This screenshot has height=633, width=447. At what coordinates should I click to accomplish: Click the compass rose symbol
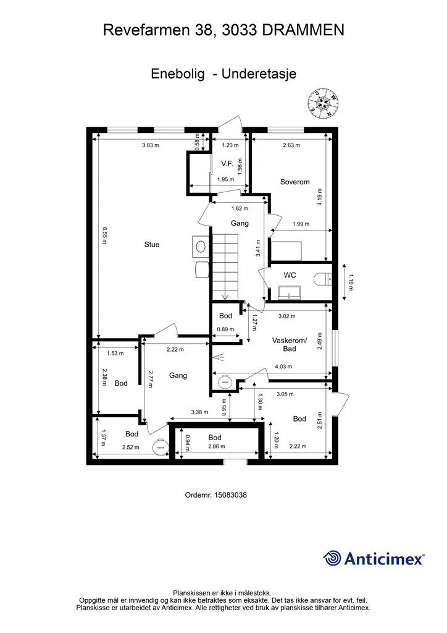tap(324, 104)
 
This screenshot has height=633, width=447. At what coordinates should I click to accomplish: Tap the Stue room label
tap(152, 244)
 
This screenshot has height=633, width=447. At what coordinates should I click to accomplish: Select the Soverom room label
tap(295, 182)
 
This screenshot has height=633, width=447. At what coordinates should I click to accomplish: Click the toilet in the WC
tap(322, 279)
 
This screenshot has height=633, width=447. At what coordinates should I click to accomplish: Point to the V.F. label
tap(227, 163)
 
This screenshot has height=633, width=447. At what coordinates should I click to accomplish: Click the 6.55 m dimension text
tap(104, 236)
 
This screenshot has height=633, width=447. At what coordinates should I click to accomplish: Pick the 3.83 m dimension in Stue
tap(151, 145)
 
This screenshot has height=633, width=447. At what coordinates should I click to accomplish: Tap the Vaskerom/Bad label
tap(290, 344)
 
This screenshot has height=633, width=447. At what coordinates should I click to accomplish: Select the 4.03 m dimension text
tap(283, 367)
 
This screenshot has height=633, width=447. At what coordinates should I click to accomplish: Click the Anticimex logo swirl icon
tap(332, 558)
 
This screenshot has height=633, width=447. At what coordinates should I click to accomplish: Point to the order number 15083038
tap(230, 495)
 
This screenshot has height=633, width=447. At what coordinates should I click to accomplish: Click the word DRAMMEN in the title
tap(304, 30)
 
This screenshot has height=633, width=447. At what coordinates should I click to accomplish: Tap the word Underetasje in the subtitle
tap(259, 74)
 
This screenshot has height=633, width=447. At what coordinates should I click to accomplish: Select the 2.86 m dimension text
tap(217, 446)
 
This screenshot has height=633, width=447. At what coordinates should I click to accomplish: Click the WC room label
tap(290, 275)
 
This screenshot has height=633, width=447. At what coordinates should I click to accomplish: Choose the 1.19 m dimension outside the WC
tap(350, 282)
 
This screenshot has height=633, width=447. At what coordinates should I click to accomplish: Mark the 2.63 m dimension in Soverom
tap(291, 145)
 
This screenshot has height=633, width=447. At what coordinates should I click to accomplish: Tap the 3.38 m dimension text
tap(199, 412)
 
